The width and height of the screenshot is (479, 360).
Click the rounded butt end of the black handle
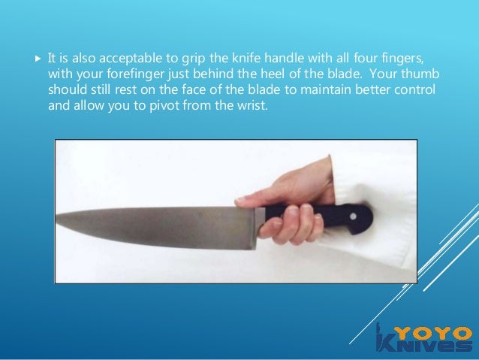(367, 217)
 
